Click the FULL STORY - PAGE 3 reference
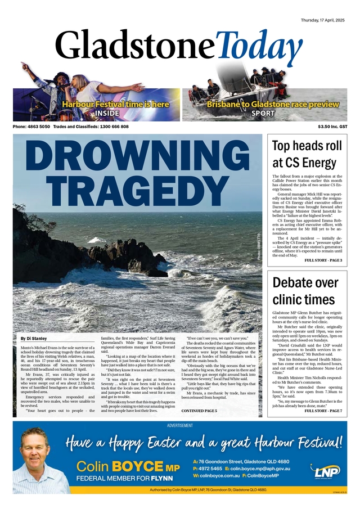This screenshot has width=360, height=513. [x=323, y=261]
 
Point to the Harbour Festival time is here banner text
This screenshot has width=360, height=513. [x=107, y=104]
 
